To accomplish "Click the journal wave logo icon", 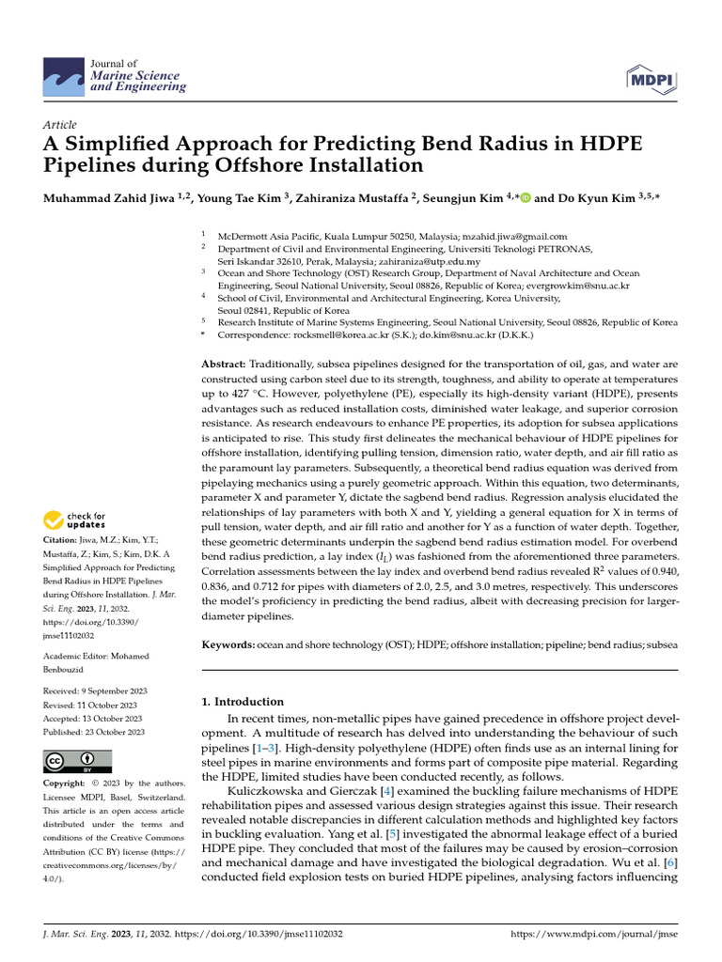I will click(x=63, y=74).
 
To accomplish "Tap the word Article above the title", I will click(x=60, y=125).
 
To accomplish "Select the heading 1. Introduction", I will click(x=243, y=701).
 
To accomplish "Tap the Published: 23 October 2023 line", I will click(x=94, y=732).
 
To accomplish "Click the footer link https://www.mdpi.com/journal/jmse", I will click(x=593, y=936).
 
